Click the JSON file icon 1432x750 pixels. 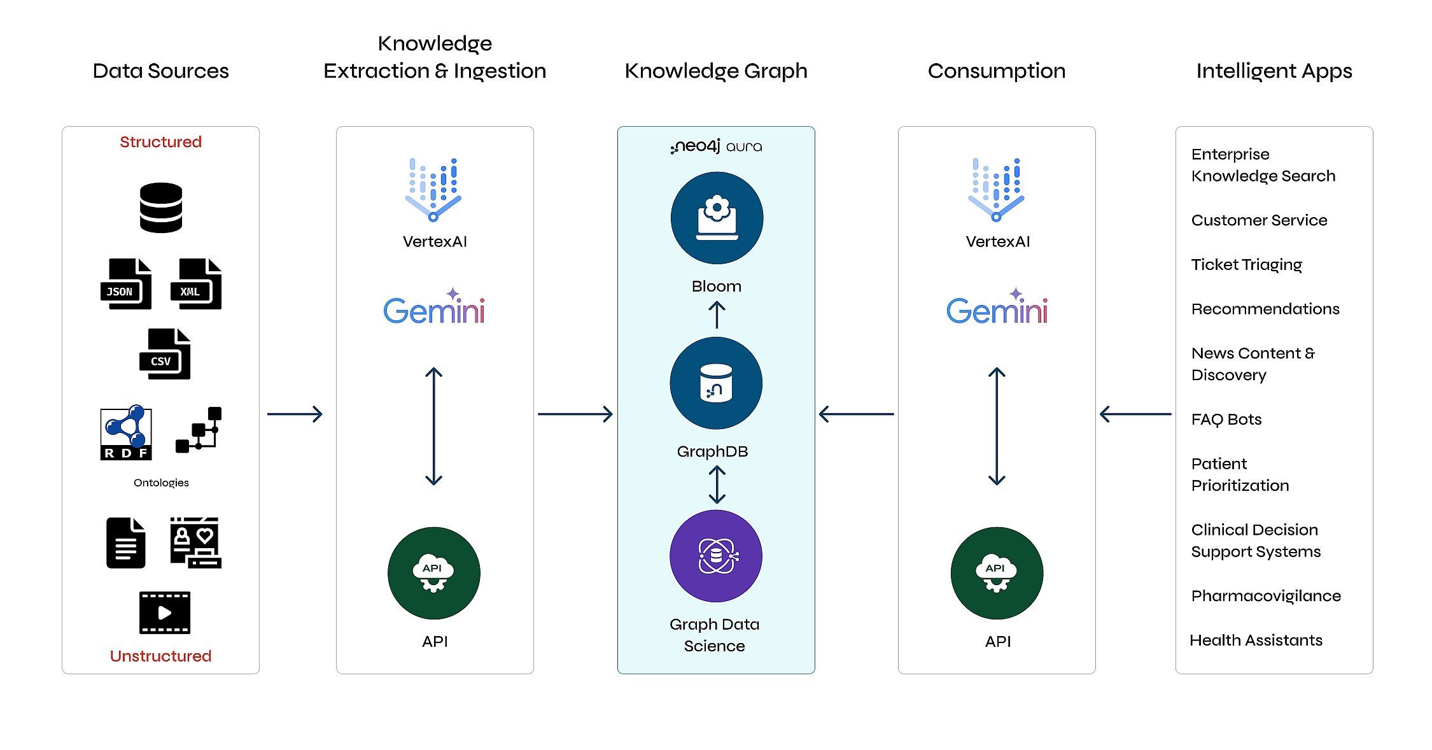[126, 284]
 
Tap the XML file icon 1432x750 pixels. [196, 284]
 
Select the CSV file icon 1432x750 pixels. [165, 354]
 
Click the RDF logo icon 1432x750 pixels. [126, 432]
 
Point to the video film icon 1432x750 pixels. [165, 612]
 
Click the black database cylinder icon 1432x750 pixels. [161, 208]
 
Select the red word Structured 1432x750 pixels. [160, 141]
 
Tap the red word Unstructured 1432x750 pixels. [160, 656]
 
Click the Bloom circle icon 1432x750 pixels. [717, 218]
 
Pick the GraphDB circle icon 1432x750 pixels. [716, 383]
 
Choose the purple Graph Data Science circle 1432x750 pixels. [716, 556]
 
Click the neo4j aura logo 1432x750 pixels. [716, 146]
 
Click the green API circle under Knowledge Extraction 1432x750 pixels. [434, 573]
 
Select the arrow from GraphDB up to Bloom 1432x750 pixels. [717, 315]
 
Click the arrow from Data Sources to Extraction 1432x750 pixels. [295, 414]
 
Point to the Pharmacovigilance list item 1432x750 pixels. [1266, 596]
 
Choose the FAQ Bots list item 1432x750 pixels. [1226, 420]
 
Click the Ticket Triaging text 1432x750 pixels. [1247, 265]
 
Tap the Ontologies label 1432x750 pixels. [161, 483]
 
